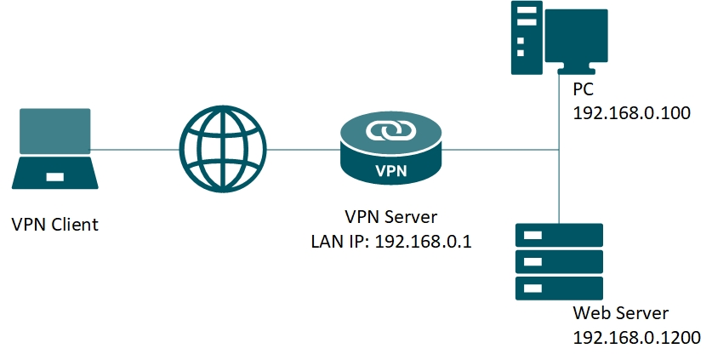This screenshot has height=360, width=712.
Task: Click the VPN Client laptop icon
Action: point(56,148)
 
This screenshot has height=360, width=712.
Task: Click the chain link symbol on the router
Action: point(391,131)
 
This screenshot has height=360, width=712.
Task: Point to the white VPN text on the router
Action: point(391,169)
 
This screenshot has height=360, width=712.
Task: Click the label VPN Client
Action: point(55,225)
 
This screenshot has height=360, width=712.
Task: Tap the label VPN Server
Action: point(391,217)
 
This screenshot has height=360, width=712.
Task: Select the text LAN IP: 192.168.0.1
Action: point(391,242)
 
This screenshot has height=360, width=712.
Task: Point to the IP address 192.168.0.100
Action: point(631,113)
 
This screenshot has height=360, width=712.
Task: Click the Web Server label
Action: point(620,312)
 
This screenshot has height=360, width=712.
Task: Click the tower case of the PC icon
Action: point(525,37)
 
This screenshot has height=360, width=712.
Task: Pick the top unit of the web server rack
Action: point(559,235)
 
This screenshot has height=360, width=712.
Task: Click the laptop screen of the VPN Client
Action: point(56,129)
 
